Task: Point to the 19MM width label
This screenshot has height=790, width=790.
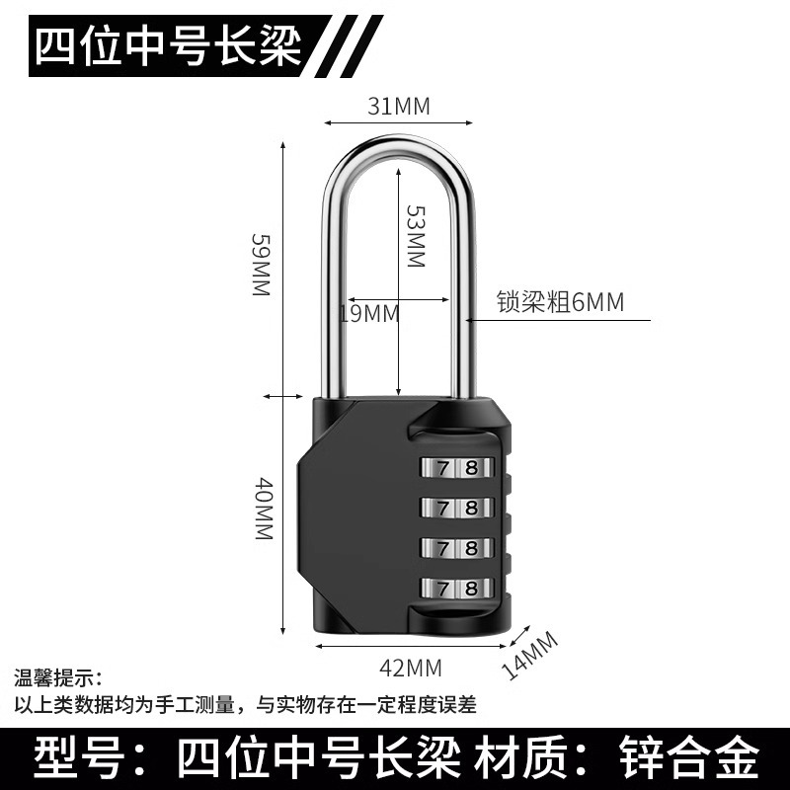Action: coord(368,313)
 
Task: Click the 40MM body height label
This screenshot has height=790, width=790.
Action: coord(261,509)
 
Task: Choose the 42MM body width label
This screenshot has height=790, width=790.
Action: coord(411,669)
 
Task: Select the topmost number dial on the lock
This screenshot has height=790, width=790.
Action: coord(459,466)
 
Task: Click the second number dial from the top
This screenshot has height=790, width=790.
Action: coord(459,507)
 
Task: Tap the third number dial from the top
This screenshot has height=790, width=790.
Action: coord(459,546)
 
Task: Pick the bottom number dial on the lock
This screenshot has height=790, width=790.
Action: coord(459,587)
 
